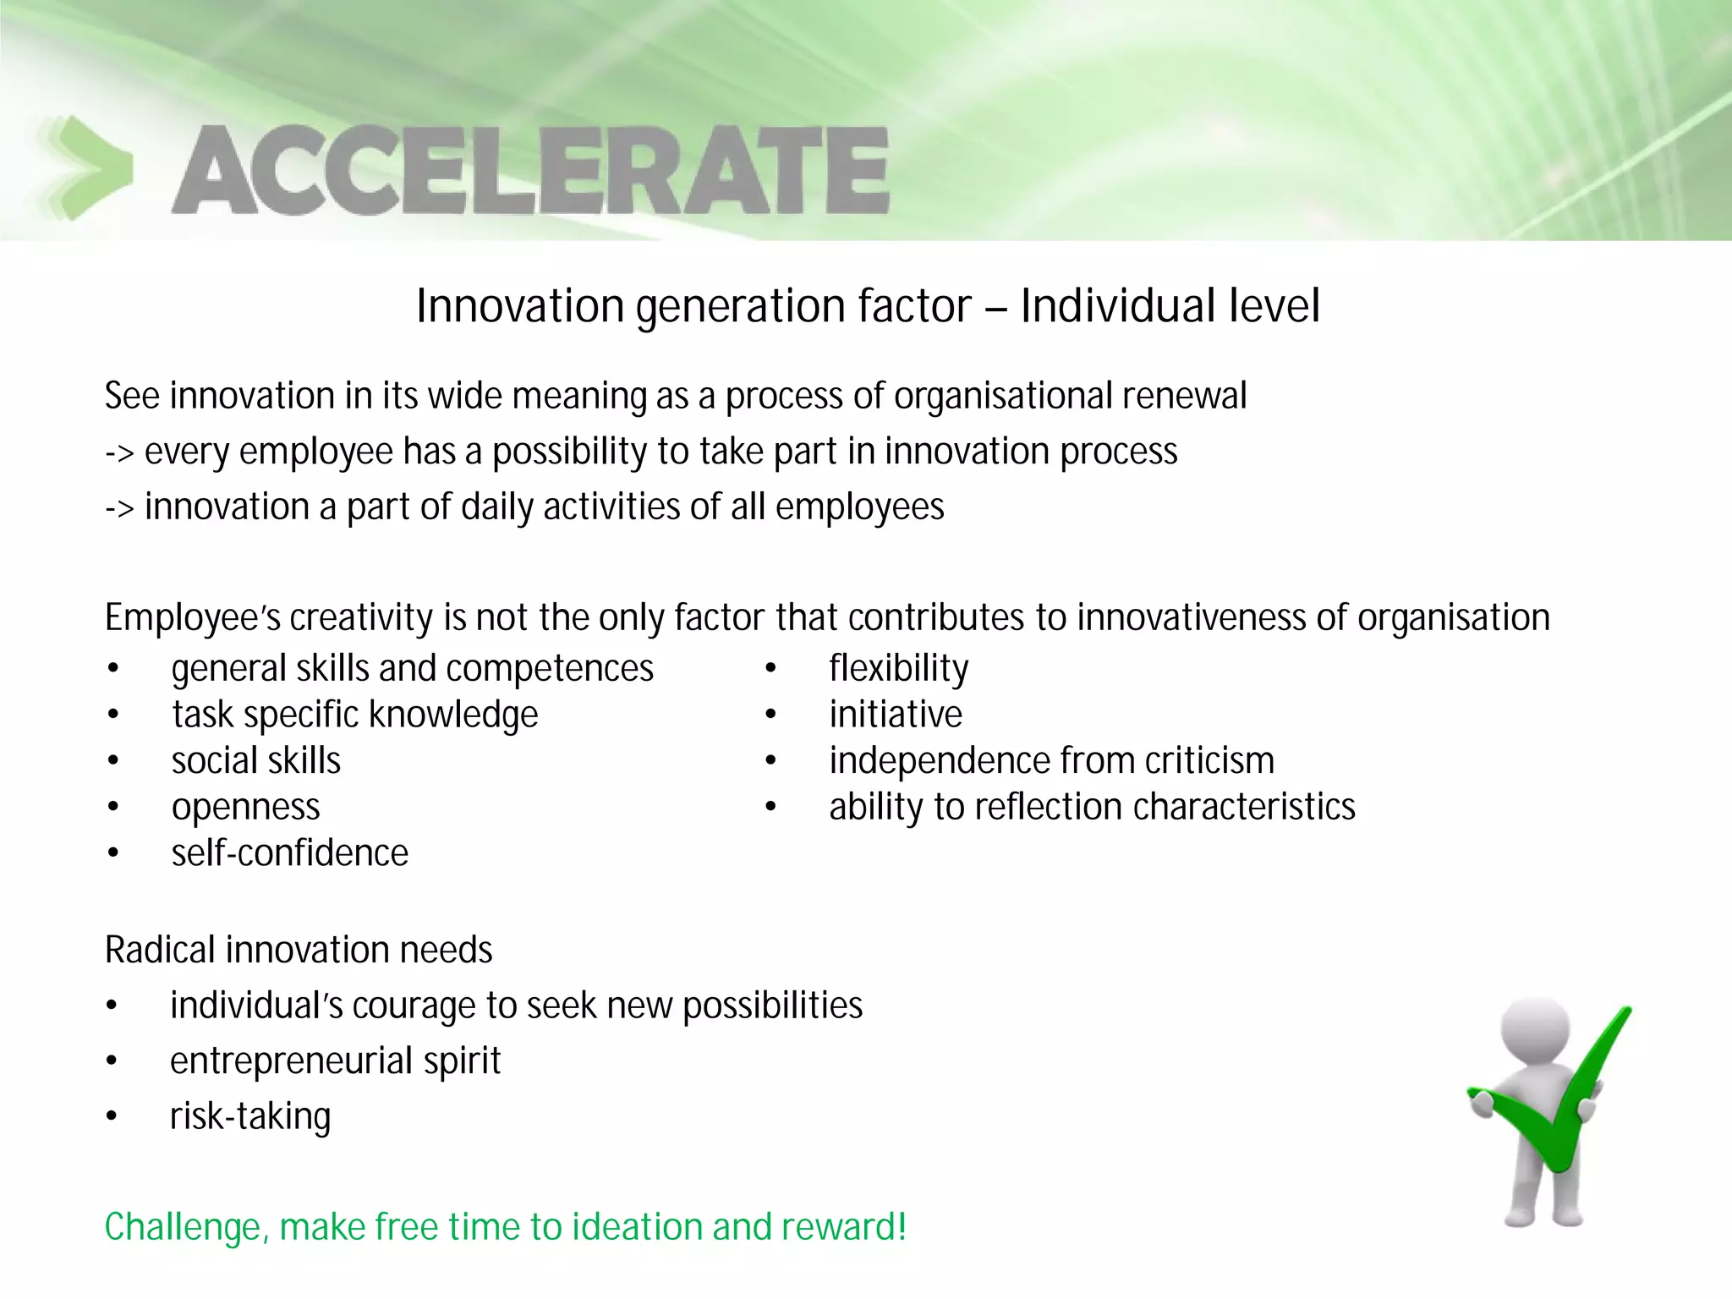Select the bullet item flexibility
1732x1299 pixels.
pyautogui.click(x=898, y=668)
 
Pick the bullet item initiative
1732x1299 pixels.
pyautogui.click(x=895, y=715)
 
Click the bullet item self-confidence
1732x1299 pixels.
pyautogui.click(x=289, y=852)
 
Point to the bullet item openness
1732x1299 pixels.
pyautogui.click(x=245, y=807)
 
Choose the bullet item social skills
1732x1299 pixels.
pyautogui.click(x=255, y=760)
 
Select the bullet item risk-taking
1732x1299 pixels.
pyautogui.click(x=249, y=1116)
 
